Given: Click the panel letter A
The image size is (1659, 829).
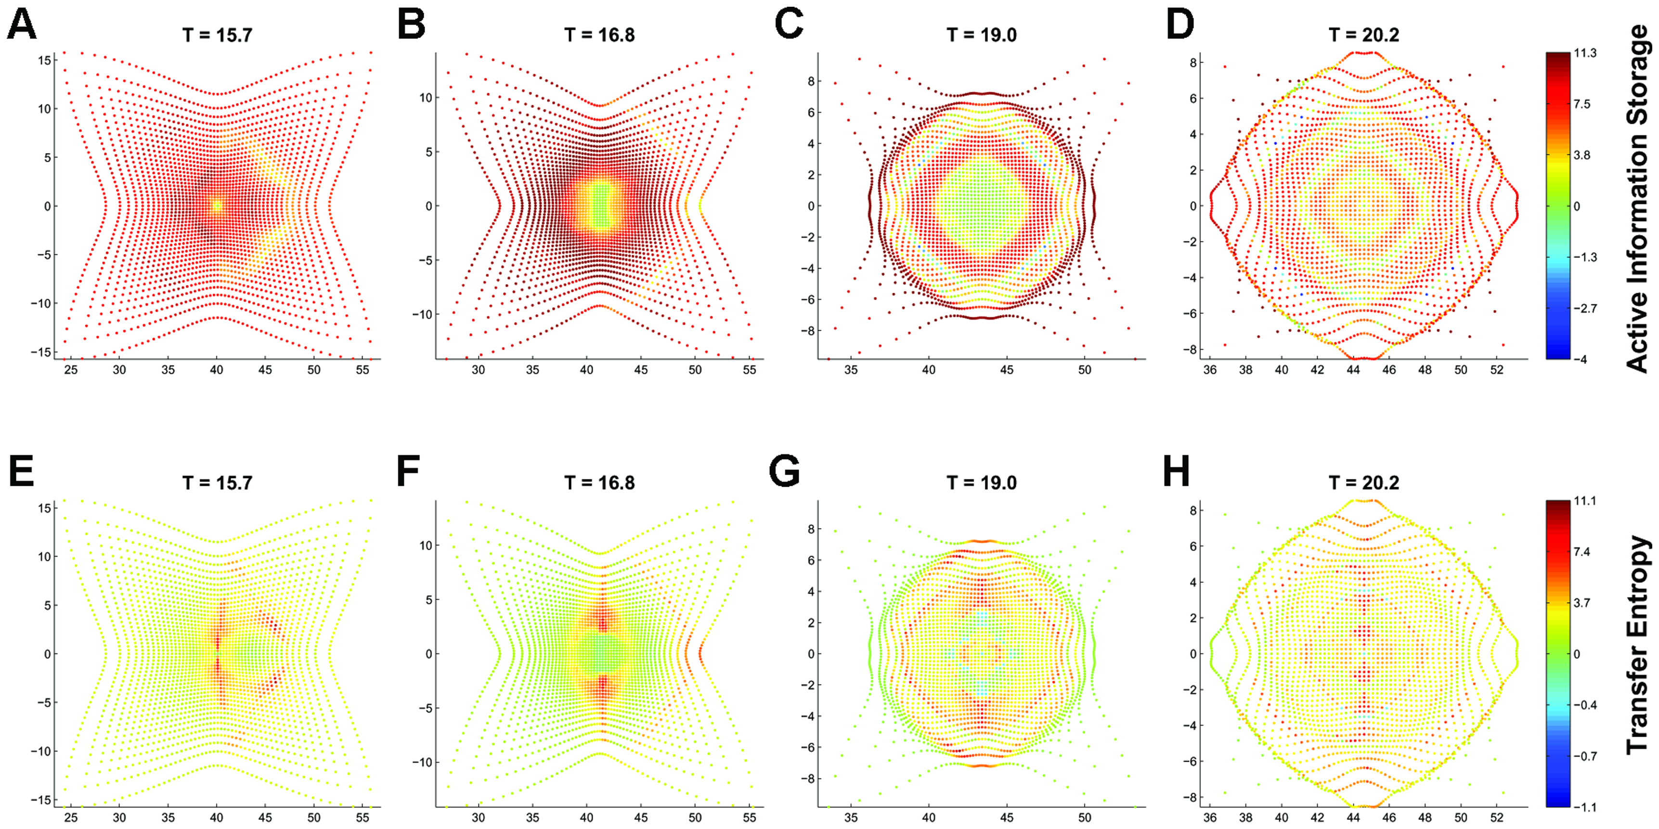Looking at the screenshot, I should coord(21,26).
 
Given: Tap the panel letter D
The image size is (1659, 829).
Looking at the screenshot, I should coord(1180,26).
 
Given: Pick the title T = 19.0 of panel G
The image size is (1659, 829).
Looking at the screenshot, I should coord(982,482).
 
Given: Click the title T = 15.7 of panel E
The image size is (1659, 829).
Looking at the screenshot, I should coord(217,482).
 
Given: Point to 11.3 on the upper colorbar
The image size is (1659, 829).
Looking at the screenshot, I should coord(1585,53).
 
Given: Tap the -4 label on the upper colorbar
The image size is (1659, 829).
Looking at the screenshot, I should coord(1581,359).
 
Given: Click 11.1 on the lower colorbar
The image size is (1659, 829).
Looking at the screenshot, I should coord(1585,501).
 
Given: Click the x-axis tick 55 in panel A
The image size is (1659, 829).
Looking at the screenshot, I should coord(363,370).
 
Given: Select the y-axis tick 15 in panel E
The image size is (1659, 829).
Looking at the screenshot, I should coord(44,508).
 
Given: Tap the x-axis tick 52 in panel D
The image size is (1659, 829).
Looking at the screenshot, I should coord(1497,370).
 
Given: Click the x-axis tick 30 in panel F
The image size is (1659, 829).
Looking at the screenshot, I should coord(478,817).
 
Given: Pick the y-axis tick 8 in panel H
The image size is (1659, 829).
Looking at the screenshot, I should coord(1192,510).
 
